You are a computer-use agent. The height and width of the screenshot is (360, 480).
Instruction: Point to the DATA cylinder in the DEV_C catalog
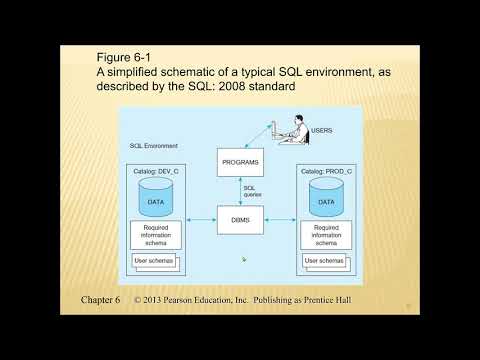click(156, 201)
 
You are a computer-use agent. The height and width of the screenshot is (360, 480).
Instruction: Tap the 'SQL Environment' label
click(153, 146)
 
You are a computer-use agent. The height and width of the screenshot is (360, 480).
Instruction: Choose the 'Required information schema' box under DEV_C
click(156, 235)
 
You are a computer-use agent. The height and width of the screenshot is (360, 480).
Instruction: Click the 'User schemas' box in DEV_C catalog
click(154, 261)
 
